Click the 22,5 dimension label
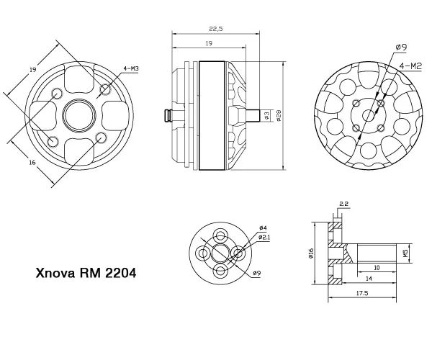click(216, 29)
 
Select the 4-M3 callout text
click(131, 68)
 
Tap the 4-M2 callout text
click(410, 66)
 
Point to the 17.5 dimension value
click(362, 293)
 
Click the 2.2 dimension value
click(343, 204)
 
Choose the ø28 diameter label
click(279, 116)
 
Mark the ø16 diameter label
click(311, 253)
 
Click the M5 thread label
click(405, 253)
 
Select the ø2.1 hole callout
click(264, 237)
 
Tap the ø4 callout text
click(263, 228)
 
